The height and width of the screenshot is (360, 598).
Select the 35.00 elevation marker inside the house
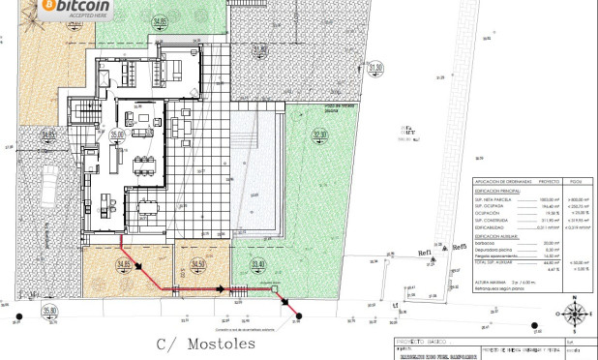(x=117, y=135)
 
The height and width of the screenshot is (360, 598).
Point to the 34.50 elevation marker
(x=199, y=264)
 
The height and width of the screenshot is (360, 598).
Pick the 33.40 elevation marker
(x=257, y=264)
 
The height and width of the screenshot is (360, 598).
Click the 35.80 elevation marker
(x=49, y=311)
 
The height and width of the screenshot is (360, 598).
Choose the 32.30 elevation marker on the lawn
(x=320, y=135)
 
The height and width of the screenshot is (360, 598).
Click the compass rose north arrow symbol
(x=575, y=314)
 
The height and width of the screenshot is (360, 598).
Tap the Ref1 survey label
(x=424, y=253)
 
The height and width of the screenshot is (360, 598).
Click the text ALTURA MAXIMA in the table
(x=491, y=283)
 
